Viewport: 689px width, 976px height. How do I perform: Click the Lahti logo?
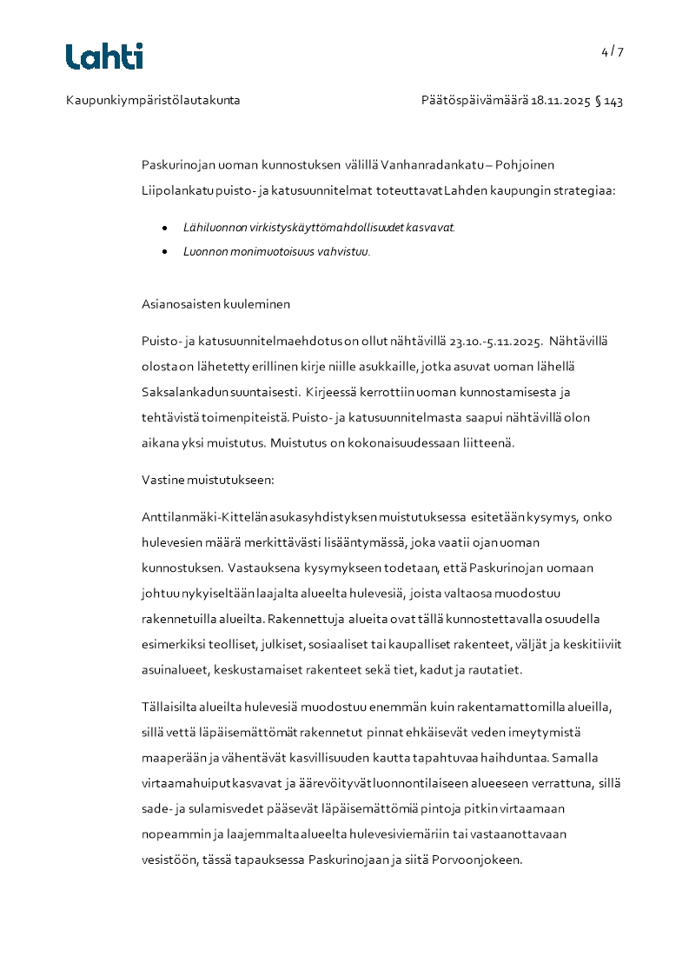coord(104,56)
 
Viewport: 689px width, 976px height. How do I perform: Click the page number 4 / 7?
coord(612,51)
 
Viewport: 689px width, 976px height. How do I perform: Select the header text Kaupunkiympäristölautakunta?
coord(153,101)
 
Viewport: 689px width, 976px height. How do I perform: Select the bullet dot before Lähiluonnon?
coord(164,227)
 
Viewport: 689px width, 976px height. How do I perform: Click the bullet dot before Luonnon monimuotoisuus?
coord(164,252)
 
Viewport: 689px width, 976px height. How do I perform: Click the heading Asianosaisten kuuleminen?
coord(215,304)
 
